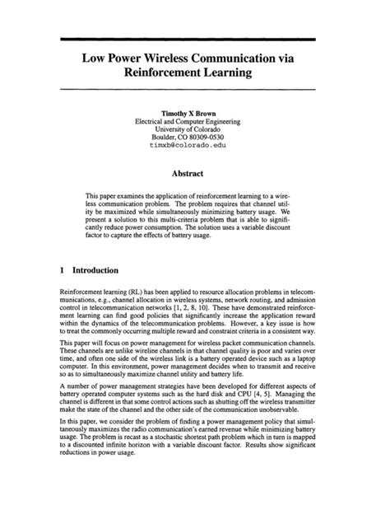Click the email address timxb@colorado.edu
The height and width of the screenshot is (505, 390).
tap(193, 143)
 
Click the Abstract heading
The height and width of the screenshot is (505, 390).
tap(193, 174)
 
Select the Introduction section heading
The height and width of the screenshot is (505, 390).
tap(96, 269)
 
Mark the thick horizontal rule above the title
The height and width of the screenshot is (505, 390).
tap(195, 38)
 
